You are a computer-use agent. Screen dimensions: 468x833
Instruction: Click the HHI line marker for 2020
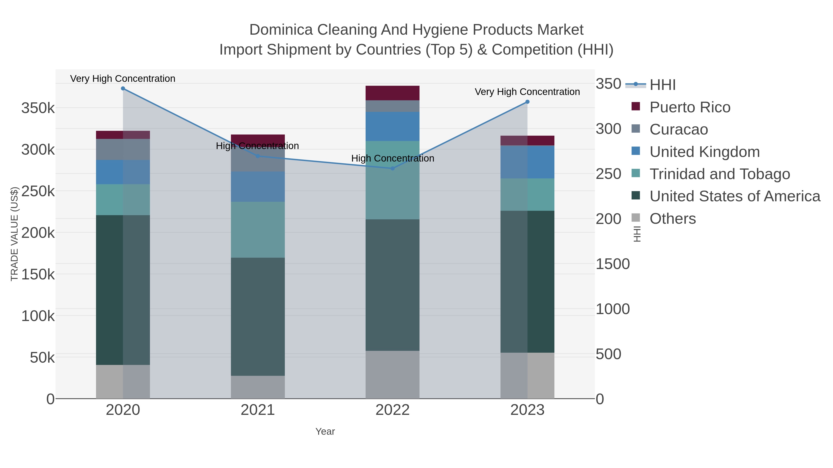click(123, 89)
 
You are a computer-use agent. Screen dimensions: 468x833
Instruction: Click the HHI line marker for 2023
click(527, 102)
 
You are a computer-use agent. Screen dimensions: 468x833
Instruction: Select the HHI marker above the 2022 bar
click(393, 168)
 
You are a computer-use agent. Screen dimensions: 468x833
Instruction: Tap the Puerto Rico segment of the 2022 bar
click(393, 93)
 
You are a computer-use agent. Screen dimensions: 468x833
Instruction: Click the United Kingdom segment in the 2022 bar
click(393, 126)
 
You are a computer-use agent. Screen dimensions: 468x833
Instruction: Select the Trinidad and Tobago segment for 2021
click(258, 230)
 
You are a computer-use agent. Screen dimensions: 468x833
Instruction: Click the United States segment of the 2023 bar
click(527, 282)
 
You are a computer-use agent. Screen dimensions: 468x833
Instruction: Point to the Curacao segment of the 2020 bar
click(123, 149)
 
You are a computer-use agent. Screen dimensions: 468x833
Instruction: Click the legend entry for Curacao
click(678, 129)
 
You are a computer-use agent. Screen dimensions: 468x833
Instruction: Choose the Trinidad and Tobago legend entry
click(719, 174)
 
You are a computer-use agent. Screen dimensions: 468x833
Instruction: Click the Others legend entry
click(673, 219)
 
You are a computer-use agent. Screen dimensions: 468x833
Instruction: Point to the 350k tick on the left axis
click(38, 108)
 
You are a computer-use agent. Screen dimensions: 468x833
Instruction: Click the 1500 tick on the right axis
click(612, 264)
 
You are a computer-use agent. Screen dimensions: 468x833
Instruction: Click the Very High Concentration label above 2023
click(527, 92)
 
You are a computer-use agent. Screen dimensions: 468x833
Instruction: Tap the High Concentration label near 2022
click(393, 158)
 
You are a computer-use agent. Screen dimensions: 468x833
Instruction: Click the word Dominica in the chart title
click(281, 30)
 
